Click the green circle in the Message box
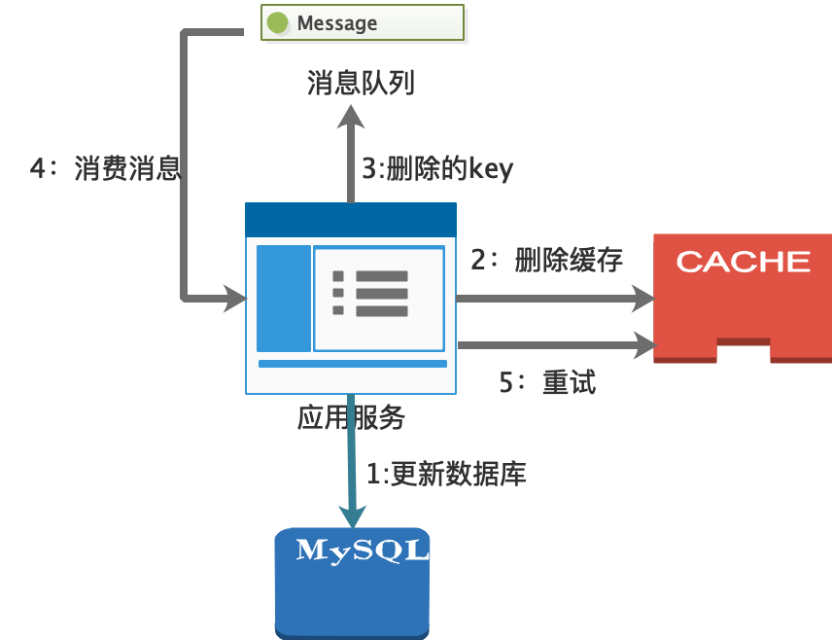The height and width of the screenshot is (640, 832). pyautogui.click(x=279, y=22)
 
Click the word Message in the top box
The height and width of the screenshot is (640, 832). pyautogui.click(x=337, y=22)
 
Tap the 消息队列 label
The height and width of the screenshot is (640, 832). pyautogui.click(x=361, y=83)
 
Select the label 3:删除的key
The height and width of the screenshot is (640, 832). pyautogui.click(x=436, y=169)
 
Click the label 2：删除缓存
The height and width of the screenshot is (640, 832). pyautogui.click(x=546, y=260)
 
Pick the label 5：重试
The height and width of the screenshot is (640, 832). pyautogui.click(x=546, y=382)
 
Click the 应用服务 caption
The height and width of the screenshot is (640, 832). pyautogui.click(x=351, y=418)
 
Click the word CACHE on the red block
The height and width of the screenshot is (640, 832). pyautogui.click(x=743, y=261)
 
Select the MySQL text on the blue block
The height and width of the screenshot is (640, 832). pyautogui.click(x=362, y=550)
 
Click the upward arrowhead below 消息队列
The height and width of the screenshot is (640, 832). pyautogui.click(x=351, y=118)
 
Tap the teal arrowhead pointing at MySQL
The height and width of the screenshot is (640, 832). pyautogui.click(x=351, y=515)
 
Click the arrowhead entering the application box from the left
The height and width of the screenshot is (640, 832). pyautogui.click(x=234, y=298)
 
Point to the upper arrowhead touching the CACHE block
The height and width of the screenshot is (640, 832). pyautogui.click(x=643, y=299)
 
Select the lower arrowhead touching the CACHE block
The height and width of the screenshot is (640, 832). pyautogui.click(x=643, y=343)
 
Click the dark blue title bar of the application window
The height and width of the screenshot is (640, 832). pyautogui.click(x=351, y=219)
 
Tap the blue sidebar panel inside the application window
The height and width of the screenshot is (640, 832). pyautogui.click(x=283, y=298)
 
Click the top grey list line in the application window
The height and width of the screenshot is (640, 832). pyautogui.click(x=381, y=276)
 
